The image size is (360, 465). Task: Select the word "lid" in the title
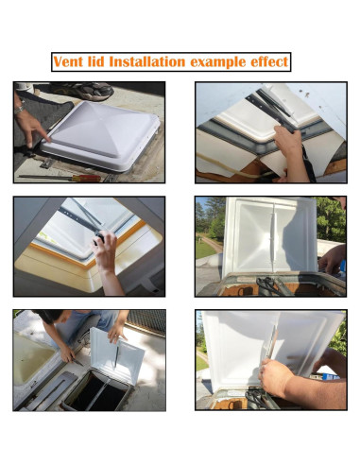[98, 62]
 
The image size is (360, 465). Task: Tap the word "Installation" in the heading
[148, 62]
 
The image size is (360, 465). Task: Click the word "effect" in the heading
[266, 62]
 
